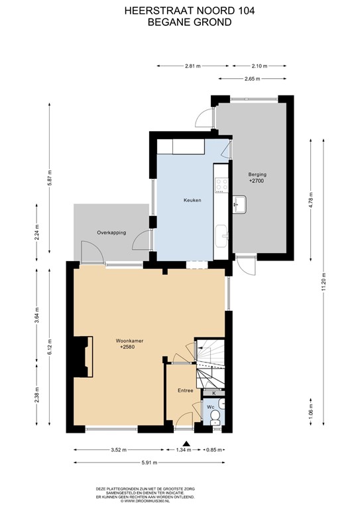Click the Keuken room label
point(192,199)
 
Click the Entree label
point(185,391)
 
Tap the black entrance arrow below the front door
point(187,445)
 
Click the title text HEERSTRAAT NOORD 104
point(180,11)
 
